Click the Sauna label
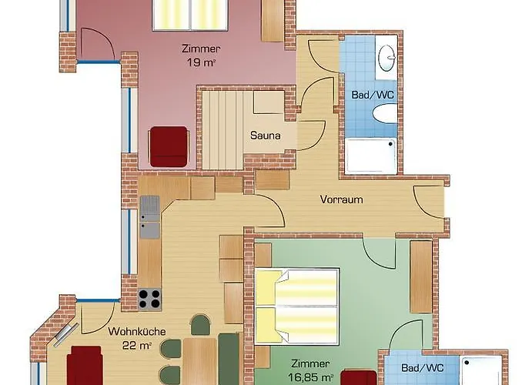click(266, 136)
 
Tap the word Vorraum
click(341, 199)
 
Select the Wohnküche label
click(137, 331)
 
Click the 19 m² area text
click(201, 62)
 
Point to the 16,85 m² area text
click(310, 377)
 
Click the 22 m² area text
click(137, 346)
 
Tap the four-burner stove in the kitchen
click(149, 299)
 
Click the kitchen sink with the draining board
click(149, 217)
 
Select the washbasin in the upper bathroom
click(386, 58)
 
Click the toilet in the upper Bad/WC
click(385, 114)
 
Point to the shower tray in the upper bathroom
click(370, 156)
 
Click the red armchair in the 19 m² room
click(169, 147)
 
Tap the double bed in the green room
click(297, 306)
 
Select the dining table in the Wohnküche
click(199, 362)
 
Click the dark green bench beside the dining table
click(229, 360)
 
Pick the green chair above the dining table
click(200, 325)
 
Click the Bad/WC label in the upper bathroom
click(373, 95)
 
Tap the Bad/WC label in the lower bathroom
click(423, 368)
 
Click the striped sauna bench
click(223, 130)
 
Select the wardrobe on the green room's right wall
click(421, 276)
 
